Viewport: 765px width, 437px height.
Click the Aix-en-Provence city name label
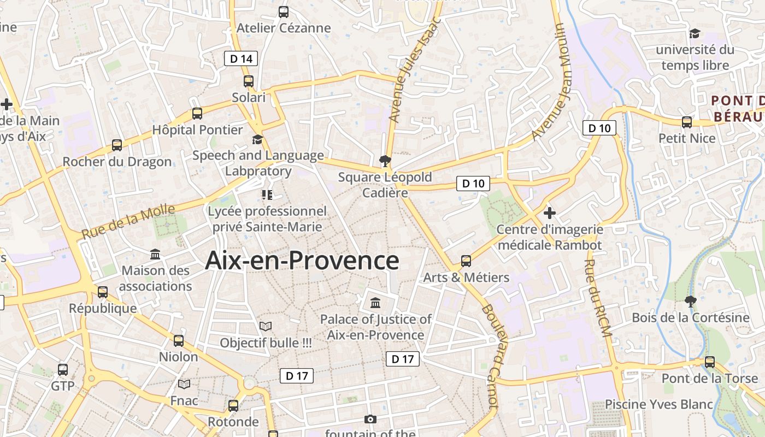[302, 261]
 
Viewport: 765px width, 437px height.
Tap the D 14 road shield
[241, 58]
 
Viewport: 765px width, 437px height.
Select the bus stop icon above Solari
[249, 81]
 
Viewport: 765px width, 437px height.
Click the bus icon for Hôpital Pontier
[197, 114]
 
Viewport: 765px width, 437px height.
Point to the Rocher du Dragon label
[117, 162]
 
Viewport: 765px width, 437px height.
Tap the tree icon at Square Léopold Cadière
[385, 161]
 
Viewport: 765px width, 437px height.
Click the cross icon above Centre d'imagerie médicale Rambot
[550, 212]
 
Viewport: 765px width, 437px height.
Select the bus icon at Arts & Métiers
[466, 261]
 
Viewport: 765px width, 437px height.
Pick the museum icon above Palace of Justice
[375, 303]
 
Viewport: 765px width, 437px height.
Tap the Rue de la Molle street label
[128, 221]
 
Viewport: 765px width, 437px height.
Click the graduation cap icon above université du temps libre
[695, 33]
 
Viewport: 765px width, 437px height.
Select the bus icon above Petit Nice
[687, 122]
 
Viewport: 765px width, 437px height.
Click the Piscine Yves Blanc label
[658, 404]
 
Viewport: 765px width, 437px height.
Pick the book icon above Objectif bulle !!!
[266, 327]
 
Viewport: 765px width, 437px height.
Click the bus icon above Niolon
[179, 341]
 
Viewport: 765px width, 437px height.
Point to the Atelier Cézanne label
[284, 28]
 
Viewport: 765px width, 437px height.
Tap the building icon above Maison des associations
[155, 255]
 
